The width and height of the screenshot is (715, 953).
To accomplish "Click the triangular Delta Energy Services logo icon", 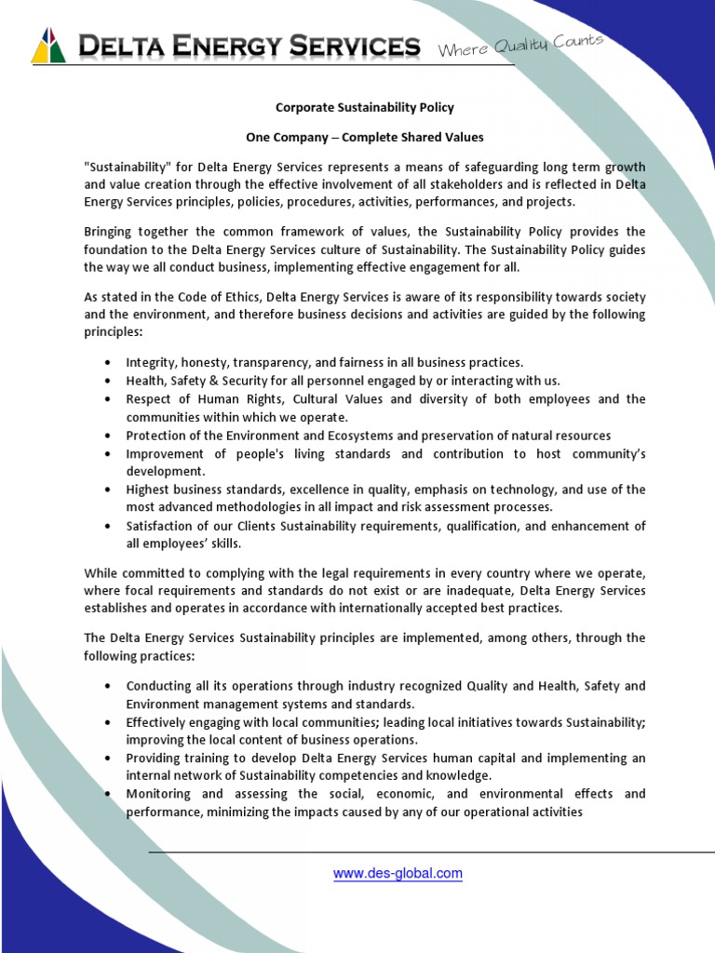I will click(48, 46).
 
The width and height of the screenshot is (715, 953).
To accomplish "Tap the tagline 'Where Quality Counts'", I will click(520, 45).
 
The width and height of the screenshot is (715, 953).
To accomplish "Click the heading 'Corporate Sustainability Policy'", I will click(364, 108).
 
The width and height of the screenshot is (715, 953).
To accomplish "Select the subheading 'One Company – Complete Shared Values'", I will click(364, 137).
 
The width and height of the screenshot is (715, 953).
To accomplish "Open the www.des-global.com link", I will click(398, 874).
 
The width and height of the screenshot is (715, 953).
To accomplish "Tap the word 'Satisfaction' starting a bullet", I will click(161, 526).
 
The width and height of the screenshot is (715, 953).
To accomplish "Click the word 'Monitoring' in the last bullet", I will click(158, 794).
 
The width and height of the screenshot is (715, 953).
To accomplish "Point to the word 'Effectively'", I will click(157, 722).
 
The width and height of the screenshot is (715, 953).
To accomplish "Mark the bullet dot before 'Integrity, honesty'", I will click(109, 363).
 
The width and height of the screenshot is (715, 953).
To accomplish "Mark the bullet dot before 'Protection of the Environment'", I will click(109, 436).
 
